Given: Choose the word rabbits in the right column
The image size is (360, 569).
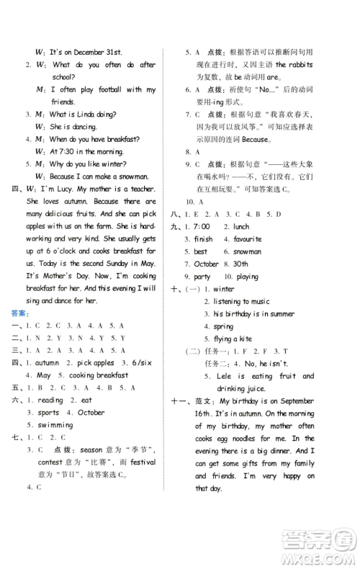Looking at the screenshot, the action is tap(297, 66).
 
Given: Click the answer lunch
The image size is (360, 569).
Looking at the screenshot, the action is tap(240, 227).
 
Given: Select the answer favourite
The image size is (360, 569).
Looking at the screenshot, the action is tap(248, 239).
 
